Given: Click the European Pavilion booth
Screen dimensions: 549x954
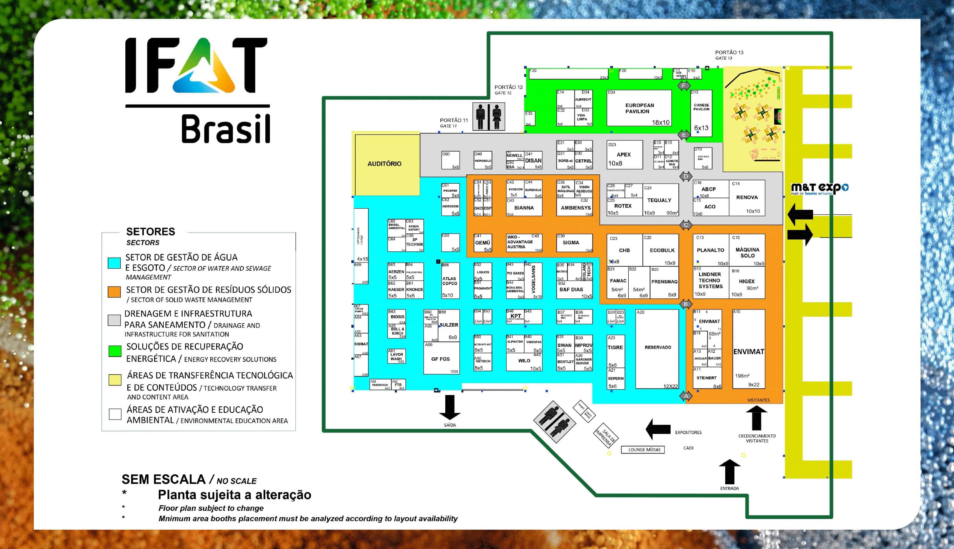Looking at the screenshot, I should tap(639, 108).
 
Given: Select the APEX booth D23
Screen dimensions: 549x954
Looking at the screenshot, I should tap(624, 155).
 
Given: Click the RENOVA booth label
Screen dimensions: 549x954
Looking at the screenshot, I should tap(747, 198).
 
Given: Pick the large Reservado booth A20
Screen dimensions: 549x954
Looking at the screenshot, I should tap(657, 348).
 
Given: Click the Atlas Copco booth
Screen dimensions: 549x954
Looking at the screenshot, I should tap(450, 281).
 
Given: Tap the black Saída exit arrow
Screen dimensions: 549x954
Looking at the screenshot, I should tap(450, 407).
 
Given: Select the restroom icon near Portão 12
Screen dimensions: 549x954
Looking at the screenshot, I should tap(488, 116).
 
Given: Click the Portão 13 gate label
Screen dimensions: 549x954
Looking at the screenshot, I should tap(729, 52).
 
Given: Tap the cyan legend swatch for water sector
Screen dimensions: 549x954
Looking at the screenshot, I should tap(114, 263).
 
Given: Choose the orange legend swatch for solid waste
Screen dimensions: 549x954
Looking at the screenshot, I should tap(114, 292).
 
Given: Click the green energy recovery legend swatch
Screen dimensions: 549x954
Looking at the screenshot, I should tap(115, 351).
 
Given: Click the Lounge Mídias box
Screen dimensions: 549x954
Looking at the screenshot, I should tap(644, 450).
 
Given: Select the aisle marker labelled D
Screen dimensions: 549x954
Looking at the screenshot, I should tap(686, 177).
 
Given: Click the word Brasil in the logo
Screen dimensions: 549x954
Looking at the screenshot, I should tap(226, 129).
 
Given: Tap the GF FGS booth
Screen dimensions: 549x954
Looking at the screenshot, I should tap(441, 359).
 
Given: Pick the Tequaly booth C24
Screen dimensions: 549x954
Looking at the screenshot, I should tap(659, 200).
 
